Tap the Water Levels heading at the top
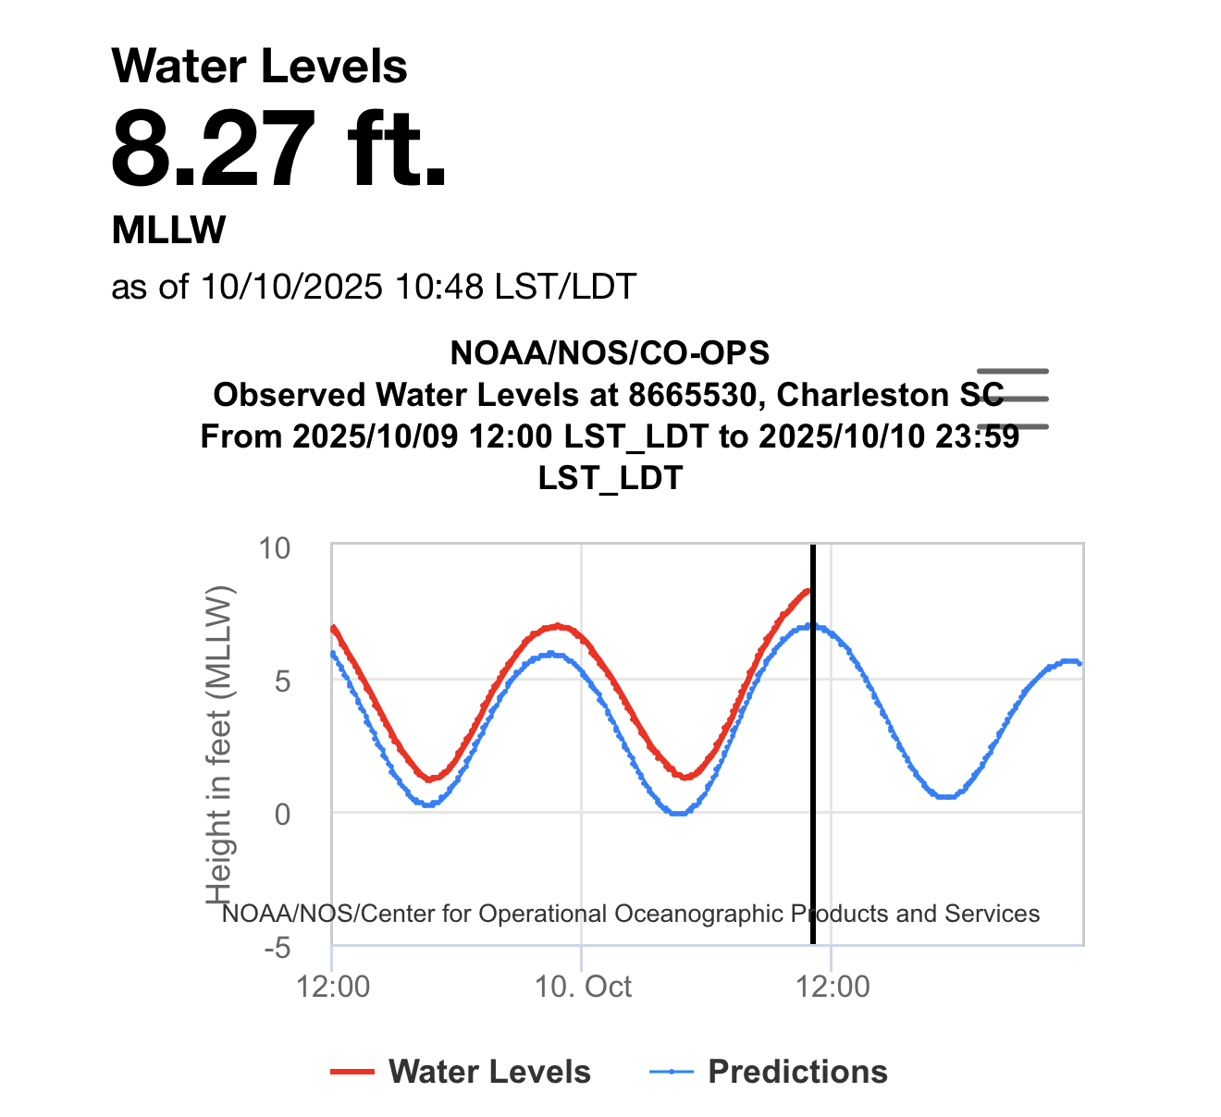tap(259, 67)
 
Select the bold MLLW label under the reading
tap(168, 230)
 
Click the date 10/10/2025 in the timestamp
tap(291, 287)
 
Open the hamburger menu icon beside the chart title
tap(1013, 399)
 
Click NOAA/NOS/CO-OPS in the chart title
tap(610, 352)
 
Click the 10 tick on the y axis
tap(275, 548)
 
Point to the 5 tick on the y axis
tap(282, 681)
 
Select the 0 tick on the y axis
tap(282, 815)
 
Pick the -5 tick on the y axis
tap(277, 949)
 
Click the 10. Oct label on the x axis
tap(584, 987)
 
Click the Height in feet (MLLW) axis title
tap(219, 744)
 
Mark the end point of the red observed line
tap(808, 590)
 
